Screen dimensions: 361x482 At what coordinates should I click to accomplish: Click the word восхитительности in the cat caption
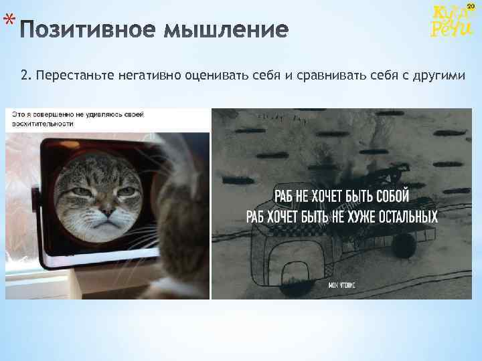(x=43, y=124)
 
